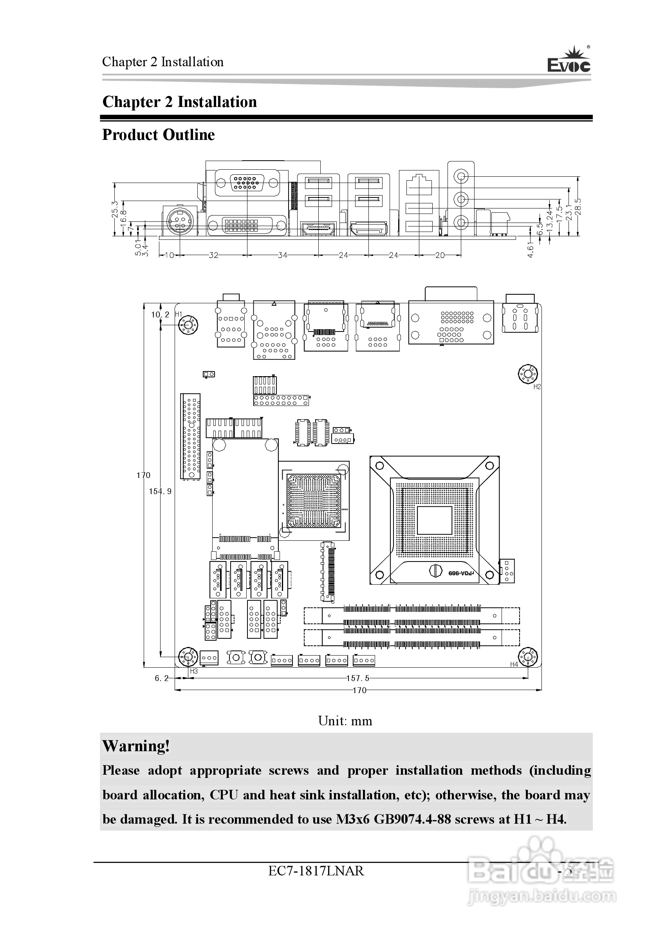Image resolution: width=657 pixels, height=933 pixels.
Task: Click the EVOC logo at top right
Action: (x=569, y=61)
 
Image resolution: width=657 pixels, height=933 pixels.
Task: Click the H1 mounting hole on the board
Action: (x=188, y=326)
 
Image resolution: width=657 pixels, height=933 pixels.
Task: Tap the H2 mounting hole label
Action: (x=537, y=386)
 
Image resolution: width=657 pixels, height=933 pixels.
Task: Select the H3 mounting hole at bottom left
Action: (x=188, y=657)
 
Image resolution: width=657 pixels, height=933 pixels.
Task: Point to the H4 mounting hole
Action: (x=528, y=657)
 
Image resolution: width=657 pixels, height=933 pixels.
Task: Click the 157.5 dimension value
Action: (x=357, y=678)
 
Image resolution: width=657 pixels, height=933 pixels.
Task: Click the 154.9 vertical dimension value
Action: (x=160, y=491)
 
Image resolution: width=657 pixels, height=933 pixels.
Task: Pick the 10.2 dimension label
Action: (x=160, y=315)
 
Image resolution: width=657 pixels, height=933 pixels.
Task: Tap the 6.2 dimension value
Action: (x=162, y=678)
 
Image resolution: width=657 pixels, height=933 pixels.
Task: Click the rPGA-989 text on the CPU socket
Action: (x=461, y=573)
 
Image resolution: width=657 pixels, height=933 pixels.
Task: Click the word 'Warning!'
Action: (x=136, y=746)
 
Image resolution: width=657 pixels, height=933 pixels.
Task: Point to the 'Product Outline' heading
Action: (x=158, y=134)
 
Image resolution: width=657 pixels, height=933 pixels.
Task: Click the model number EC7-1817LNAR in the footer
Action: (x=316, y=871)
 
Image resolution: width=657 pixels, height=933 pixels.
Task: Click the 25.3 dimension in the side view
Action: (x=115, y=209)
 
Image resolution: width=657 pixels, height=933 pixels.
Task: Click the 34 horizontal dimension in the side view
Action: (x=283, y=255)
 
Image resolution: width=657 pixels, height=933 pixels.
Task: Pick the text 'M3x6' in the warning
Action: (x=352, y=819)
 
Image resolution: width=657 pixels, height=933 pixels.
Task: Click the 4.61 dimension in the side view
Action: (x=530, y=248)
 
